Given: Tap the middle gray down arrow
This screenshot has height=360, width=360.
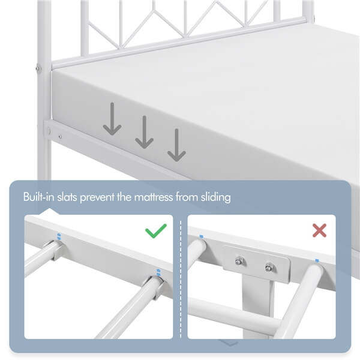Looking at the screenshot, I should [144, 133].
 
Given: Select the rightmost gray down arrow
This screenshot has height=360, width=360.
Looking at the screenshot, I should [176, 146].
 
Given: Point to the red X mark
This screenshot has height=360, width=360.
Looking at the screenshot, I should [319, 230].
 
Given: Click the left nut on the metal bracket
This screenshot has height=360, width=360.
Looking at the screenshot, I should [239, 260].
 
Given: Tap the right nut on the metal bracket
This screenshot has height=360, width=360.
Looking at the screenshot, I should [269, 266].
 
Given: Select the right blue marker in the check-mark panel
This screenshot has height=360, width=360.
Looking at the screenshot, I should [158, 272].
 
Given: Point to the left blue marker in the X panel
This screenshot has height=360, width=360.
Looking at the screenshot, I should [200, 236].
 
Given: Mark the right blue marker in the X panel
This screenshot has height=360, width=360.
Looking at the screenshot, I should [316, 260].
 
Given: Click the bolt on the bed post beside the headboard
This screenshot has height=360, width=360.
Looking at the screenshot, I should [39, 69].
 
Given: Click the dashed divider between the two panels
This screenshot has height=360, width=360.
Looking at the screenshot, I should [180, 276].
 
